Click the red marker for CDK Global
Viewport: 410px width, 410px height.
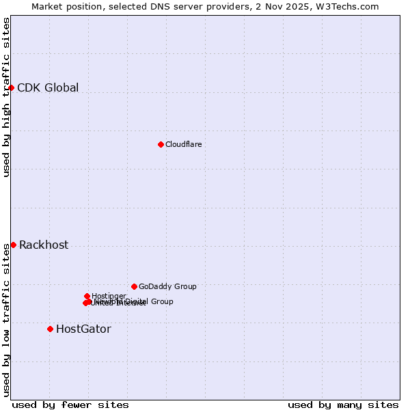pos(12,87)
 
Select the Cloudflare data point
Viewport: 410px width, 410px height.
pos(161,144)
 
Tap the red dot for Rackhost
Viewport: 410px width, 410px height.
pos(13,245)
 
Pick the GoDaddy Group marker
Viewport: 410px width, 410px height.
pos(134,286)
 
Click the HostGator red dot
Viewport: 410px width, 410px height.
pos(50,329)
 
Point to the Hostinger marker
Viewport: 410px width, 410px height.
pos(87,296)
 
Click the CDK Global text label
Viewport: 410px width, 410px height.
pos(48,87)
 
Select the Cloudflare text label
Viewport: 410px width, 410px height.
pos(183,144)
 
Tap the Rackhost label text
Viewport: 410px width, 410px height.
pos(44,245)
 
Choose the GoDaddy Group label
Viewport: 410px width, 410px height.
pos(167,286)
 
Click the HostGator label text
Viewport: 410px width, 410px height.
pos(83,329)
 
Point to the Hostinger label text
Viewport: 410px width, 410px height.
pos(109,296)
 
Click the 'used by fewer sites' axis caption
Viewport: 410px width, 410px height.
pos(70,405)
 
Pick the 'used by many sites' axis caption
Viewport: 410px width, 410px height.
pos(343,405)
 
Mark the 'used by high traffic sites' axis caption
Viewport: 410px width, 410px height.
pos(6,97)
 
